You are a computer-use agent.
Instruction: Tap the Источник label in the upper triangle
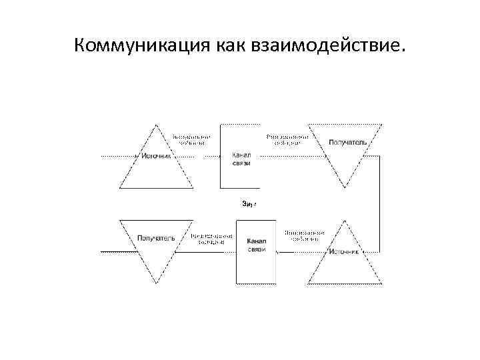[157, 157]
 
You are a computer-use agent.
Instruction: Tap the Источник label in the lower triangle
[345, 253]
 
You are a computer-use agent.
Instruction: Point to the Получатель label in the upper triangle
[345, 142]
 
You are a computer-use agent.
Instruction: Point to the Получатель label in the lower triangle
[156, 237]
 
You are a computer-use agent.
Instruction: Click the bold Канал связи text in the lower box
[257, 245]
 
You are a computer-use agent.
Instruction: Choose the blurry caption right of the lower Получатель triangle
[211, 239]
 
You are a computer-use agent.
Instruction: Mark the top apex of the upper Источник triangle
[157, 125]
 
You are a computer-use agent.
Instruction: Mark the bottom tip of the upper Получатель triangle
[345, 187]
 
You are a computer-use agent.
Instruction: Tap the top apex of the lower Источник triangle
[345, 221]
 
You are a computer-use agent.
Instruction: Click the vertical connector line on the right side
[380, 203]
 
